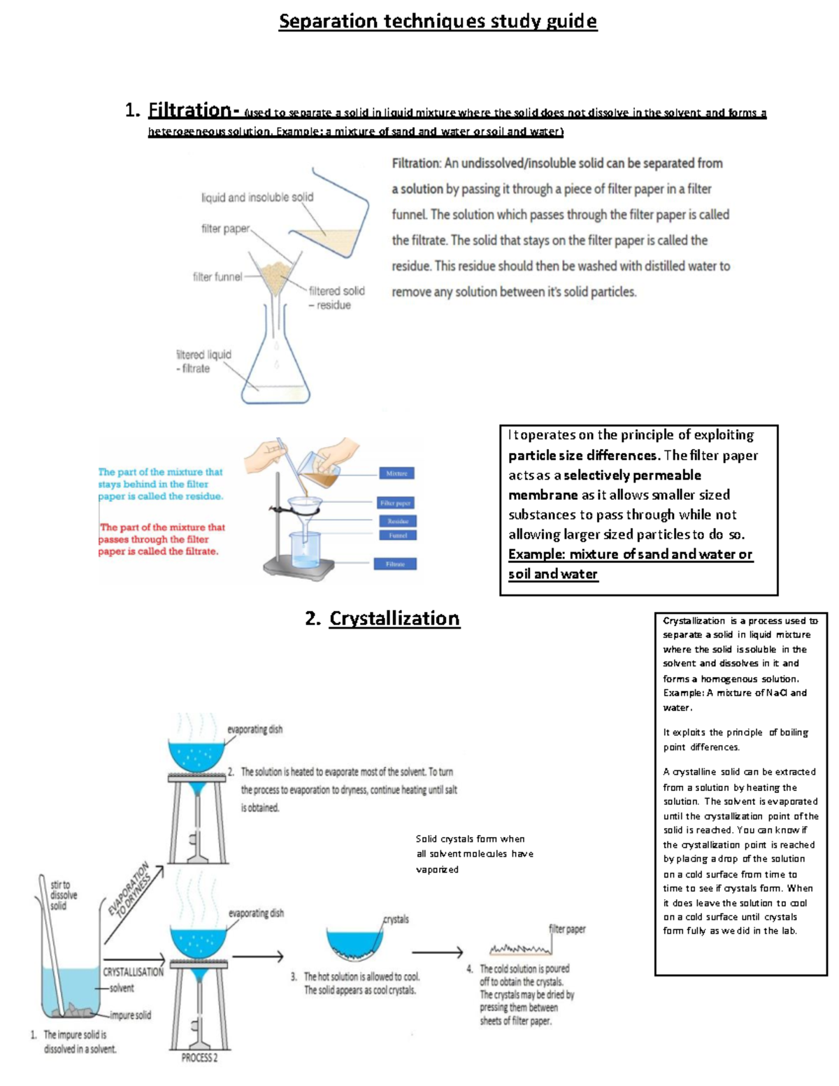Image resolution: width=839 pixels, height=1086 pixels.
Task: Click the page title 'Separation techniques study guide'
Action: (438, 21)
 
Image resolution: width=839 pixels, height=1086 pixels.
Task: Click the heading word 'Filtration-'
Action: (194, 110)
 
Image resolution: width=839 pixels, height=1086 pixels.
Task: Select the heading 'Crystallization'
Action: (394, 618)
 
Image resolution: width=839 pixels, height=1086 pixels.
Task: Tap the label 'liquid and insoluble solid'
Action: (257, 197)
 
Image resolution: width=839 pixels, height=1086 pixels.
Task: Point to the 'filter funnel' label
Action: (217, 277)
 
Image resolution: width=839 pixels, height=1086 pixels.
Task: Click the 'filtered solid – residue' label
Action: (336, 297)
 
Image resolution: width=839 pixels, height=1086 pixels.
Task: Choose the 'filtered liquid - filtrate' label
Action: (203, 361)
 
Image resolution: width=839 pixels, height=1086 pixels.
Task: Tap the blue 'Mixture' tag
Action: (396, 473)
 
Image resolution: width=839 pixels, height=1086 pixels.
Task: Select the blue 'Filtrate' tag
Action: (395, 564)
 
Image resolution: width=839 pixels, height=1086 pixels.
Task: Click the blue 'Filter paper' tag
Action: (395, 503)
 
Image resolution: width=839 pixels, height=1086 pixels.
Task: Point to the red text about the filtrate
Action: (161, 539)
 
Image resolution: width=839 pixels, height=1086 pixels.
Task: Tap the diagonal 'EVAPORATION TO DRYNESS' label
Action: (130, 889)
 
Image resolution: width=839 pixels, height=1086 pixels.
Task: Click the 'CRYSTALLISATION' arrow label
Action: (133, 972)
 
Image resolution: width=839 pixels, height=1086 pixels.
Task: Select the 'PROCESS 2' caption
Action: (199, 1058)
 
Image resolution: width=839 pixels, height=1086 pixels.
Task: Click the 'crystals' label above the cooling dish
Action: (396, 920)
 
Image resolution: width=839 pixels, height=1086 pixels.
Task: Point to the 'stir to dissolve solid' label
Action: (63, 895)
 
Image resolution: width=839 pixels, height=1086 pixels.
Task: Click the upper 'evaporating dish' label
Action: (254, 729)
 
